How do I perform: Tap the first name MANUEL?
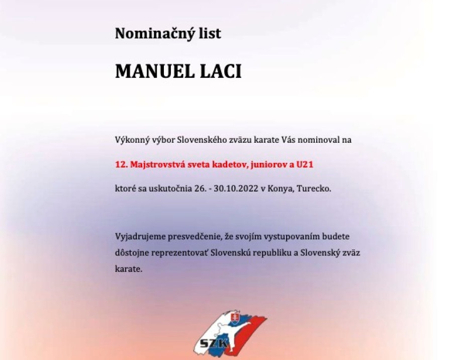pos(151,71)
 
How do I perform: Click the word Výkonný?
pos(130,140)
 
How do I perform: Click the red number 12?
pos(120,164)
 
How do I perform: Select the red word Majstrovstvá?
pos(151,164)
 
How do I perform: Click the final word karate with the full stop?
pos(129,269)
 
